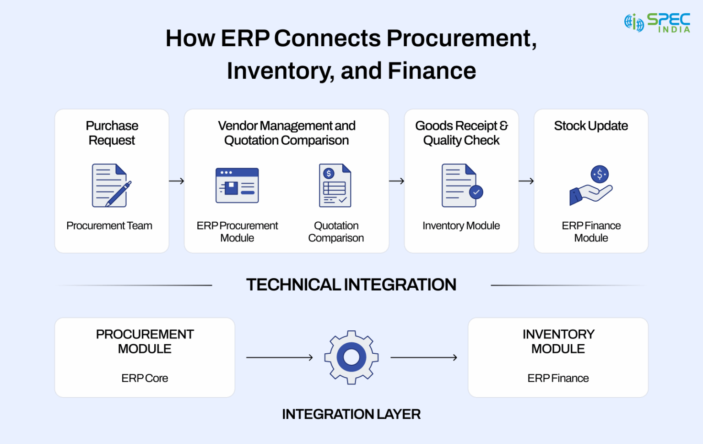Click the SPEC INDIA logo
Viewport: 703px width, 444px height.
coord(657,22)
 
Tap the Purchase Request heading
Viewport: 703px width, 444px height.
coord(112,133)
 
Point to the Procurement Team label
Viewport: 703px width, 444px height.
coord(109,225)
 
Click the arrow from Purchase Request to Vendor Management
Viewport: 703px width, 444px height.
coord(177,181)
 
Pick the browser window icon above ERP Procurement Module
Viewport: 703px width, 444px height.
coord(237,186)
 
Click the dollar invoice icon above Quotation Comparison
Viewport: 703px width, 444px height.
coord(335,186)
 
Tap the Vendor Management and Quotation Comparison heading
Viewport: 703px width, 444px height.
coord(287,133)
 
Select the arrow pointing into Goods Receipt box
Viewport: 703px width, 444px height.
coord(397,181)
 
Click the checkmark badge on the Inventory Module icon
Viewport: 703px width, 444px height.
coord(476,192)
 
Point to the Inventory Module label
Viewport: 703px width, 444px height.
coord(461,225)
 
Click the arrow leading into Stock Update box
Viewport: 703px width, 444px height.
coord(526,181)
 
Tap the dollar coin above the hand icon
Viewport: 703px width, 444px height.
coord(600,174)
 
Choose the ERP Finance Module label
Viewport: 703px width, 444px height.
coord(591,231)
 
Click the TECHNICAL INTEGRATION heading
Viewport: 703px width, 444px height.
coord(351,285)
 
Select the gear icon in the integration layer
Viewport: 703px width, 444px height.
coord(351,357)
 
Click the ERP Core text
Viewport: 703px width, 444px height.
coord(145,378)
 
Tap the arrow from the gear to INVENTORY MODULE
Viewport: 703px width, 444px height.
coord(424,357)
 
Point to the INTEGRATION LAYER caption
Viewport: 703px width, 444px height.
coord(351,414)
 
